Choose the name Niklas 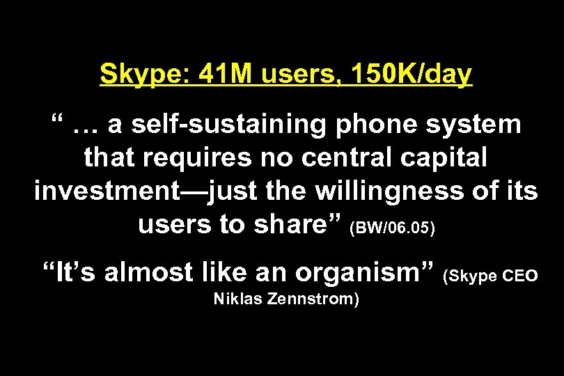(x=236, y=300)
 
